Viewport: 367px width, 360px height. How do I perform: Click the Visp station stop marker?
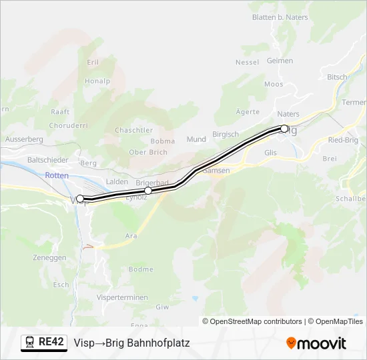click(80, 199)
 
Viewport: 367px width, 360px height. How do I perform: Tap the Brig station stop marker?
click(284, 129)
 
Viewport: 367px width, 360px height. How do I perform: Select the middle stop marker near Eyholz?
click(148, 191)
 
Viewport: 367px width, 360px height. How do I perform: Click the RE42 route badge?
click(51, 343)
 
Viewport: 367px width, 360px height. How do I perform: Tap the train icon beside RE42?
click(30, 343)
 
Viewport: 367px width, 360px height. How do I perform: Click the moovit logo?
click(316, 343)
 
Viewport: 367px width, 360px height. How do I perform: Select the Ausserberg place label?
click(24, 139)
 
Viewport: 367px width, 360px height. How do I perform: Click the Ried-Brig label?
click(344, 140)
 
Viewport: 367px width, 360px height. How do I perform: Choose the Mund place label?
click(196, 139)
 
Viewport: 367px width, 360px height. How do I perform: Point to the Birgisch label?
click(225, 134)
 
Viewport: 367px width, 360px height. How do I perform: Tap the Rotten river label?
click(57, 175)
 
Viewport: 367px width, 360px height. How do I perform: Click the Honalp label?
click(97, 81)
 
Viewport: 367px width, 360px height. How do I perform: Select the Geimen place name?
click(280, 61)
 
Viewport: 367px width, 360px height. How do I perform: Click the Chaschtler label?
click(134, 130)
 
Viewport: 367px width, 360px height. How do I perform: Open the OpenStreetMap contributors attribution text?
click(256, 321)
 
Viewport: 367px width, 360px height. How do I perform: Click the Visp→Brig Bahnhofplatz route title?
click(132, 343)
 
